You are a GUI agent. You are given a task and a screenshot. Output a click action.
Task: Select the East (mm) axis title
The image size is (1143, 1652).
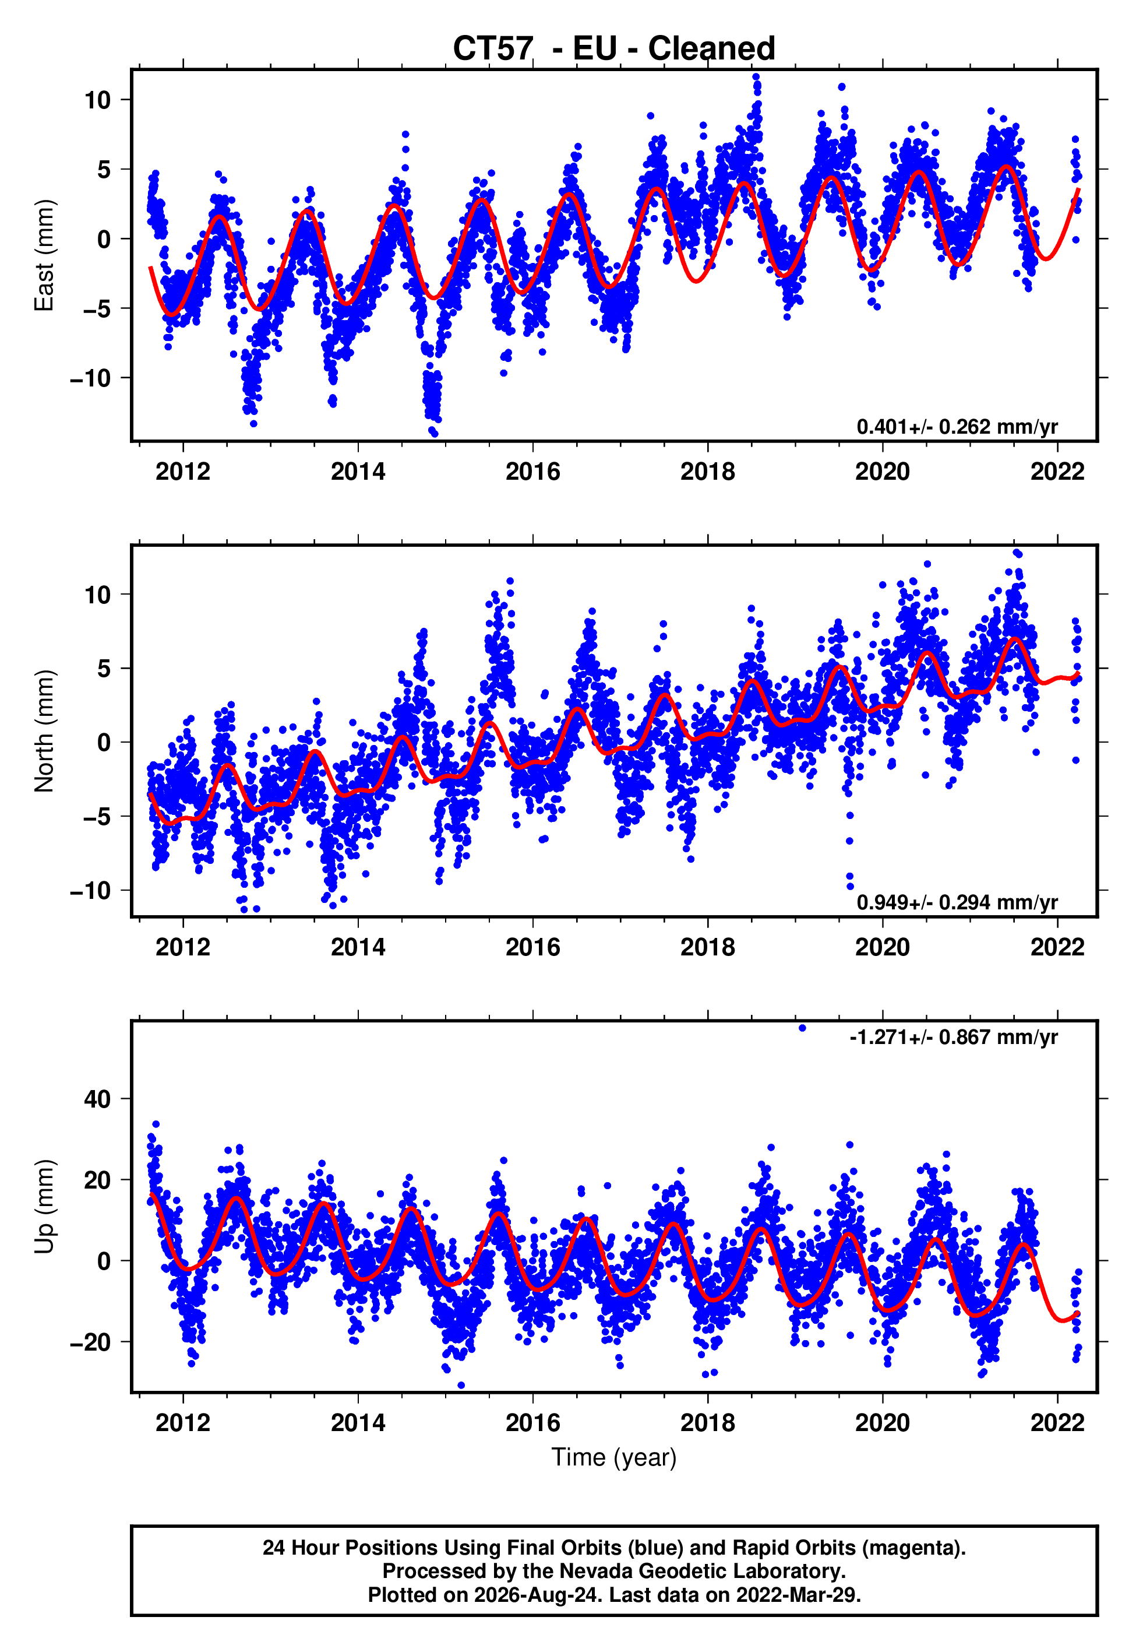pos(44,255)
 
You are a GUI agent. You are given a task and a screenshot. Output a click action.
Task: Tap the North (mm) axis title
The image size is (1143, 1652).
pos(44,731)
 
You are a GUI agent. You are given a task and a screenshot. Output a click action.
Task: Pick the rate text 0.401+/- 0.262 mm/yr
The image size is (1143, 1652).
pos(957,427)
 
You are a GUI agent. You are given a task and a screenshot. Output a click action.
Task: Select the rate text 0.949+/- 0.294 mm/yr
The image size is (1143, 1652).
pos(957,902)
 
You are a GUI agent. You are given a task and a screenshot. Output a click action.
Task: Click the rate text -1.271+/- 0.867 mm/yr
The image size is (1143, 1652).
pos(953,1038)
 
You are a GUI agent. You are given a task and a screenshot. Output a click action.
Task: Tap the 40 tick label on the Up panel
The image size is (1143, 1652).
pos(97,1099)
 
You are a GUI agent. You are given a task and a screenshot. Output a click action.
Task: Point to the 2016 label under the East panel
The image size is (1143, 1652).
pos(533,472)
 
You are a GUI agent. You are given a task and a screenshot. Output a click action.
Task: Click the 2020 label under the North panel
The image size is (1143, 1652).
pos(883,947)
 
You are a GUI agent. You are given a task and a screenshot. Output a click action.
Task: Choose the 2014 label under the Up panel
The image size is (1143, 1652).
pos(358,1423)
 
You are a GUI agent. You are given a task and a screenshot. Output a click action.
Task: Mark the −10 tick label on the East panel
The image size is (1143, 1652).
pos(91,378)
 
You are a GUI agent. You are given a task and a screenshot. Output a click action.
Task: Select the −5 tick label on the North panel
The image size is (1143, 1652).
pos(97,817)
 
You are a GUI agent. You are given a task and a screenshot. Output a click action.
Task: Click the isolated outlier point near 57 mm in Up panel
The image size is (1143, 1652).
pos(802,1028)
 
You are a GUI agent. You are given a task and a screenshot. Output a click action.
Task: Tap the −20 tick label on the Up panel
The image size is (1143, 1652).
pos(91,1342)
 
